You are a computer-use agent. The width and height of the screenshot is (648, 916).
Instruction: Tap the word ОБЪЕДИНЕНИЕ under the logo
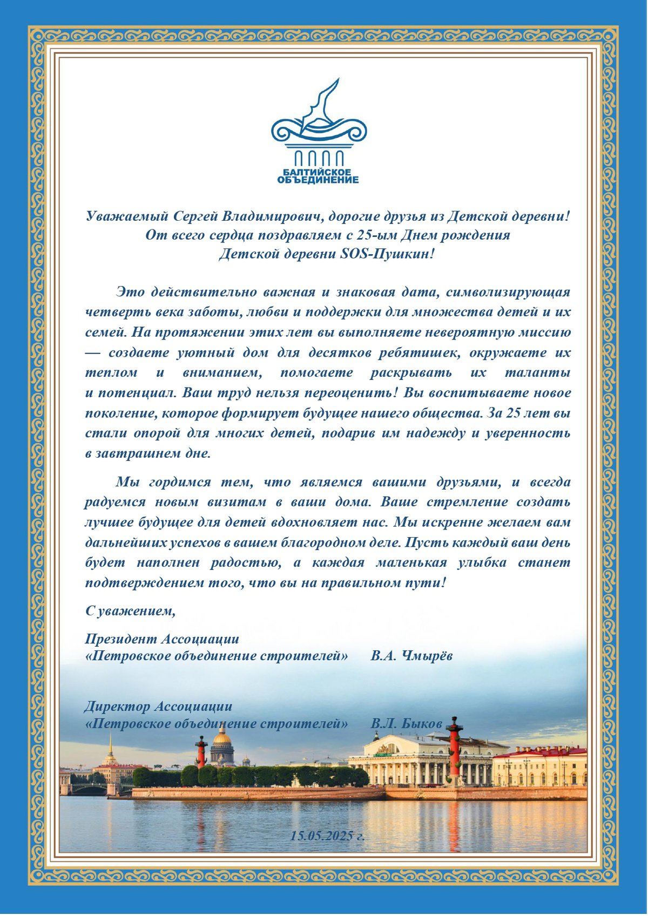tap(318, 180)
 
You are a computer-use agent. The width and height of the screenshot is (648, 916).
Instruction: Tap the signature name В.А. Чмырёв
tap(411, 656)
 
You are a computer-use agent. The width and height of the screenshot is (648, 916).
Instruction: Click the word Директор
tap(116, 706)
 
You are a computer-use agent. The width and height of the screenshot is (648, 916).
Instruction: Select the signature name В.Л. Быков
tap(407, 723)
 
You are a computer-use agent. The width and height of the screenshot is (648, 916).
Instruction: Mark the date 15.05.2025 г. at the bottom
tap(327, 836)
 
